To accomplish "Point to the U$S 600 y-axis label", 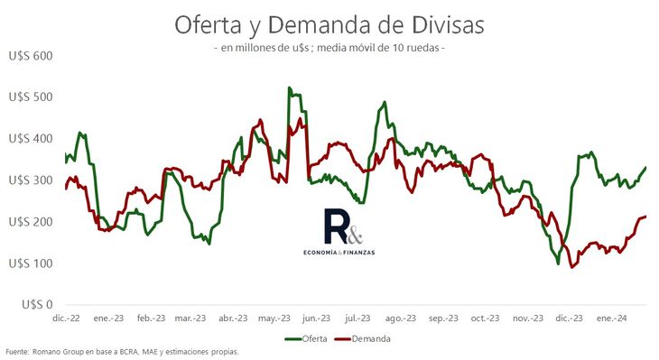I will click(x=30, y=56).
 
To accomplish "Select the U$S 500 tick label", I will click(x=30, y=97).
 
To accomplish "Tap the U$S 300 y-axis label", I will click(x=30, y=180).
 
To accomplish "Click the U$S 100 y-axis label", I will click(x=30, y=263).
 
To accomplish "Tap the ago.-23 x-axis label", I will click(x=399, y=318).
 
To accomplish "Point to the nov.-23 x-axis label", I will click(x=527, y=318).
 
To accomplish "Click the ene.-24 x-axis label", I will click(x=611, y=318).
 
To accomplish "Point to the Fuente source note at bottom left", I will click(x=122, y=352).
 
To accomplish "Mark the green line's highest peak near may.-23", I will click(x=289, y=88).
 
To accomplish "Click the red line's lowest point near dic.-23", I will click(x=571, y=267).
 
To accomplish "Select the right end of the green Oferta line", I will click(x=645, y=168).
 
